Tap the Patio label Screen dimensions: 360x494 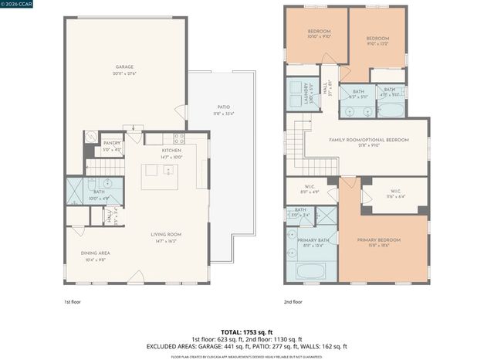coord(223,109)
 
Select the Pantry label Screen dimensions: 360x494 coord(112,146)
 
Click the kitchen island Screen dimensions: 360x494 coord(160,177)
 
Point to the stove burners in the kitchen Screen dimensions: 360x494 coord(178,139)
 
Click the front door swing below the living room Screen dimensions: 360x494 coord(136,277)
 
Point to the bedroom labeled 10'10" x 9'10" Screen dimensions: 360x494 coord(319,34)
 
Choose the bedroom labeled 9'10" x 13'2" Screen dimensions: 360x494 coord(377,40)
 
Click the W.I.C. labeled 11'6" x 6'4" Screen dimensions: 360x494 coord(395,194)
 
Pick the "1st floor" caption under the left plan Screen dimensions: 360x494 coord(73,301)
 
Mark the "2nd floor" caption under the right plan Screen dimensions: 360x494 coord(293,301)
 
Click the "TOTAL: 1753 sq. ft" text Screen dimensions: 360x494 coord(247,331)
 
